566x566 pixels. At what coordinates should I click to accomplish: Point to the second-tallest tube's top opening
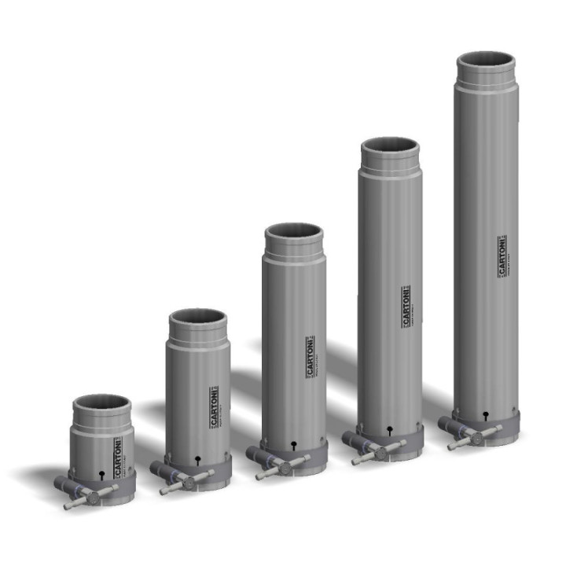pyautogui.click(x=389, y=146)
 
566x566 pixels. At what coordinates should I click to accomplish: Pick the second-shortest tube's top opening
pyautogui.click(x=198, y=318)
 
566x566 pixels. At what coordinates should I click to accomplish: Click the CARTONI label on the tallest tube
pyautogui.click(x=502, y=256)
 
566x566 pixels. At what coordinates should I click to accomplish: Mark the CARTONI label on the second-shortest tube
pyautogui.click(x=213, y=408)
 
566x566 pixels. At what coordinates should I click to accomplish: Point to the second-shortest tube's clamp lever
pyautogui.click(x=186, y=480)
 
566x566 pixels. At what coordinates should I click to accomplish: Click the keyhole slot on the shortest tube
pyautogui.click(x=103, y=474)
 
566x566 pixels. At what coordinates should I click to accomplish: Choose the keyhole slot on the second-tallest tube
pyautogui.click(x=391, y=429)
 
